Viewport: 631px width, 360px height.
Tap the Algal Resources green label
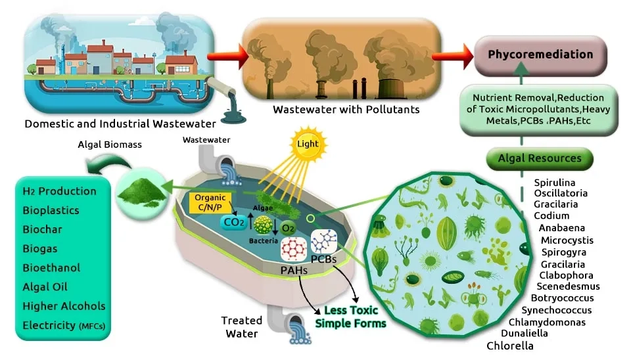coord(540,158)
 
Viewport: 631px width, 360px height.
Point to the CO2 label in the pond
coord(233,223)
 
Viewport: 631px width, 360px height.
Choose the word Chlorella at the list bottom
coord(510,346)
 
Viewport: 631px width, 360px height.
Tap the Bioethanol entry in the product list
coord(51,268)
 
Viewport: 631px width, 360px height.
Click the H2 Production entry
coord(59,191)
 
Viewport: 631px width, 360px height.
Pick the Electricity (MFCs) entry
coord(63,325)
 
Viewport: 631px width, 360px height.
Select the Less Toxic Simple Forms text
coord(350,317)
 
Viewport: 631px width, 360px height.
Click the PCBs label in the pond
coord(323,259)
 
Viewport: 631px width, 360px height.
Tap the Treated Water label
coord(241,326)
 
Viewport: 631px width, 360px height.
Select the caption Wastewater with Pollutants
coord(337,108)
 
